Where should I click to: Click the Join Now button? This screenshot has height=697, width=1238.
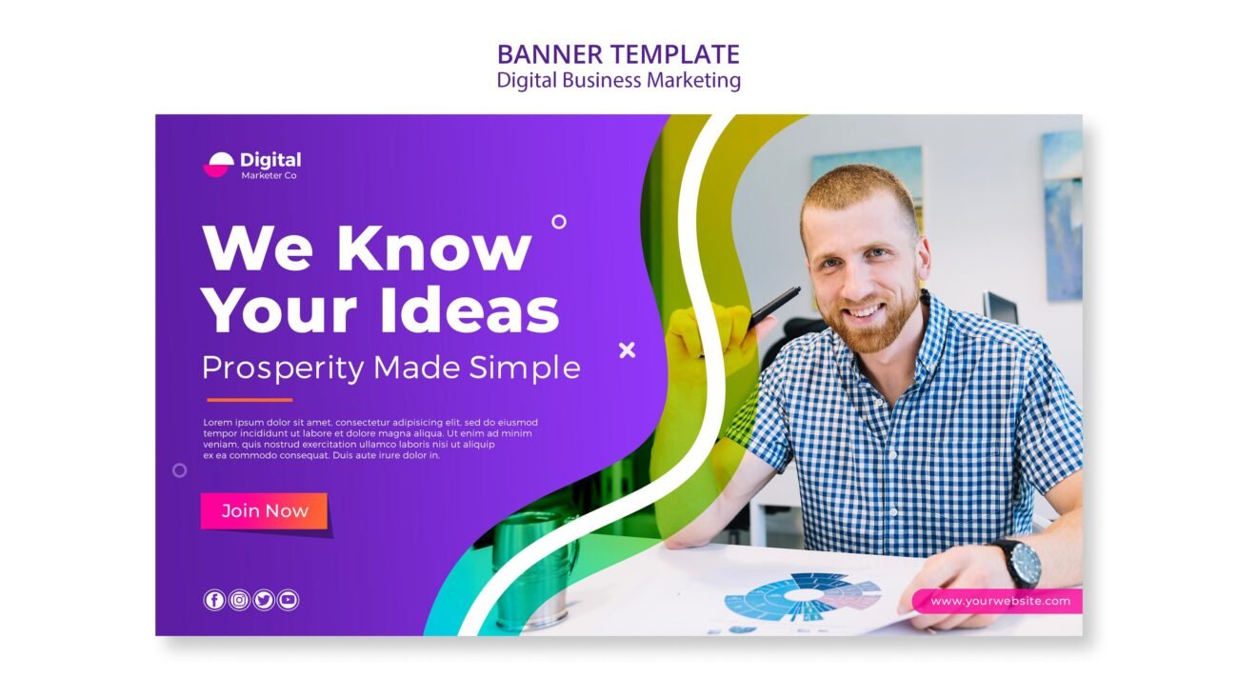[264, 511]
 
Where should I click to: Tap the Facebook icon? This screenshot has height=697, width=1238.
[214, 600]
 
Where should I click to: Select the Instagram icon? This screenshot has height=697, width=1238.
[239, 600]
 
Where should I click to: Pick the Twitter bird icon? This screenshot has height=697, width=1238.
[264, 600]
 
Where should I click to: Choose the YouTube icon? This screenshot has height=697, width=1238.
[289, 600]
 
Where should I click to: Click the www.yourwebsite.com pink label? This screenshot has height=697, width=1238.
[996, 601]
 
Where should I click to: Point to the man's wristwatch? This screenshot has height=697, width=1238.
[1023, 563]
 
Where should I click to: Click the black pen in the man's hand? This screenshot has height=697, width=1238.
[772, 306]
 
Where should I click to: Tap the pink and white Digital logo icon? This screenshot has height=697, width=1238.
[219, 165]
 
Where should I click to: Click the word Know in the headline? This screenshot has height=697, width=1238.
[433, 249]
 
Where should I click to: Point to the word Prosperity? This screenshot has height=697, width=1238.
[283, 368]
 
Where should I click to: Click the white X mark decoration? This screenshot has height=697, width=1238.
[627, 350]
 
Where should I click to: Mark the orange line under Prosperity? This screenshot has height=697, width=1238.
[250, 400]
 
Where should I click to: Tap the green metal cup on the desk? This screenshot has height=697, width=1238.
[533, 567]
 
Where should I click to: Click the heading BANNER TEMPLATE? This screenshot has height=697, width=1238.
[618, 54]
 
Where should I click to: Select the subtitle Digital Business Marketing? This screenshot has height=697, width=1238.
[618, 80]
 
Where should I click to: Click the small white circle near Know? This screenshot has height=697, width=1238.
[559, 222]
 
